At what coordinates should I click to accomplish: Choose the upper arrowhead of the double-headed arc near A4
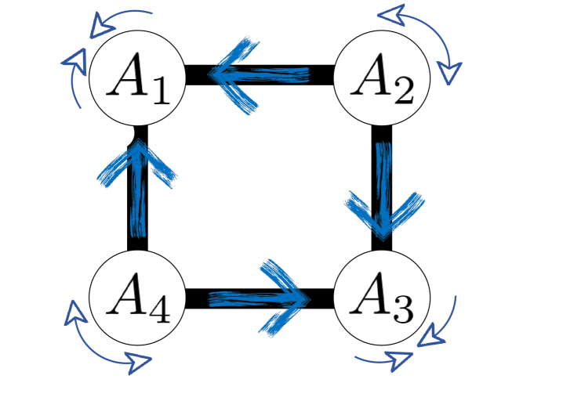point(73,313)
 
